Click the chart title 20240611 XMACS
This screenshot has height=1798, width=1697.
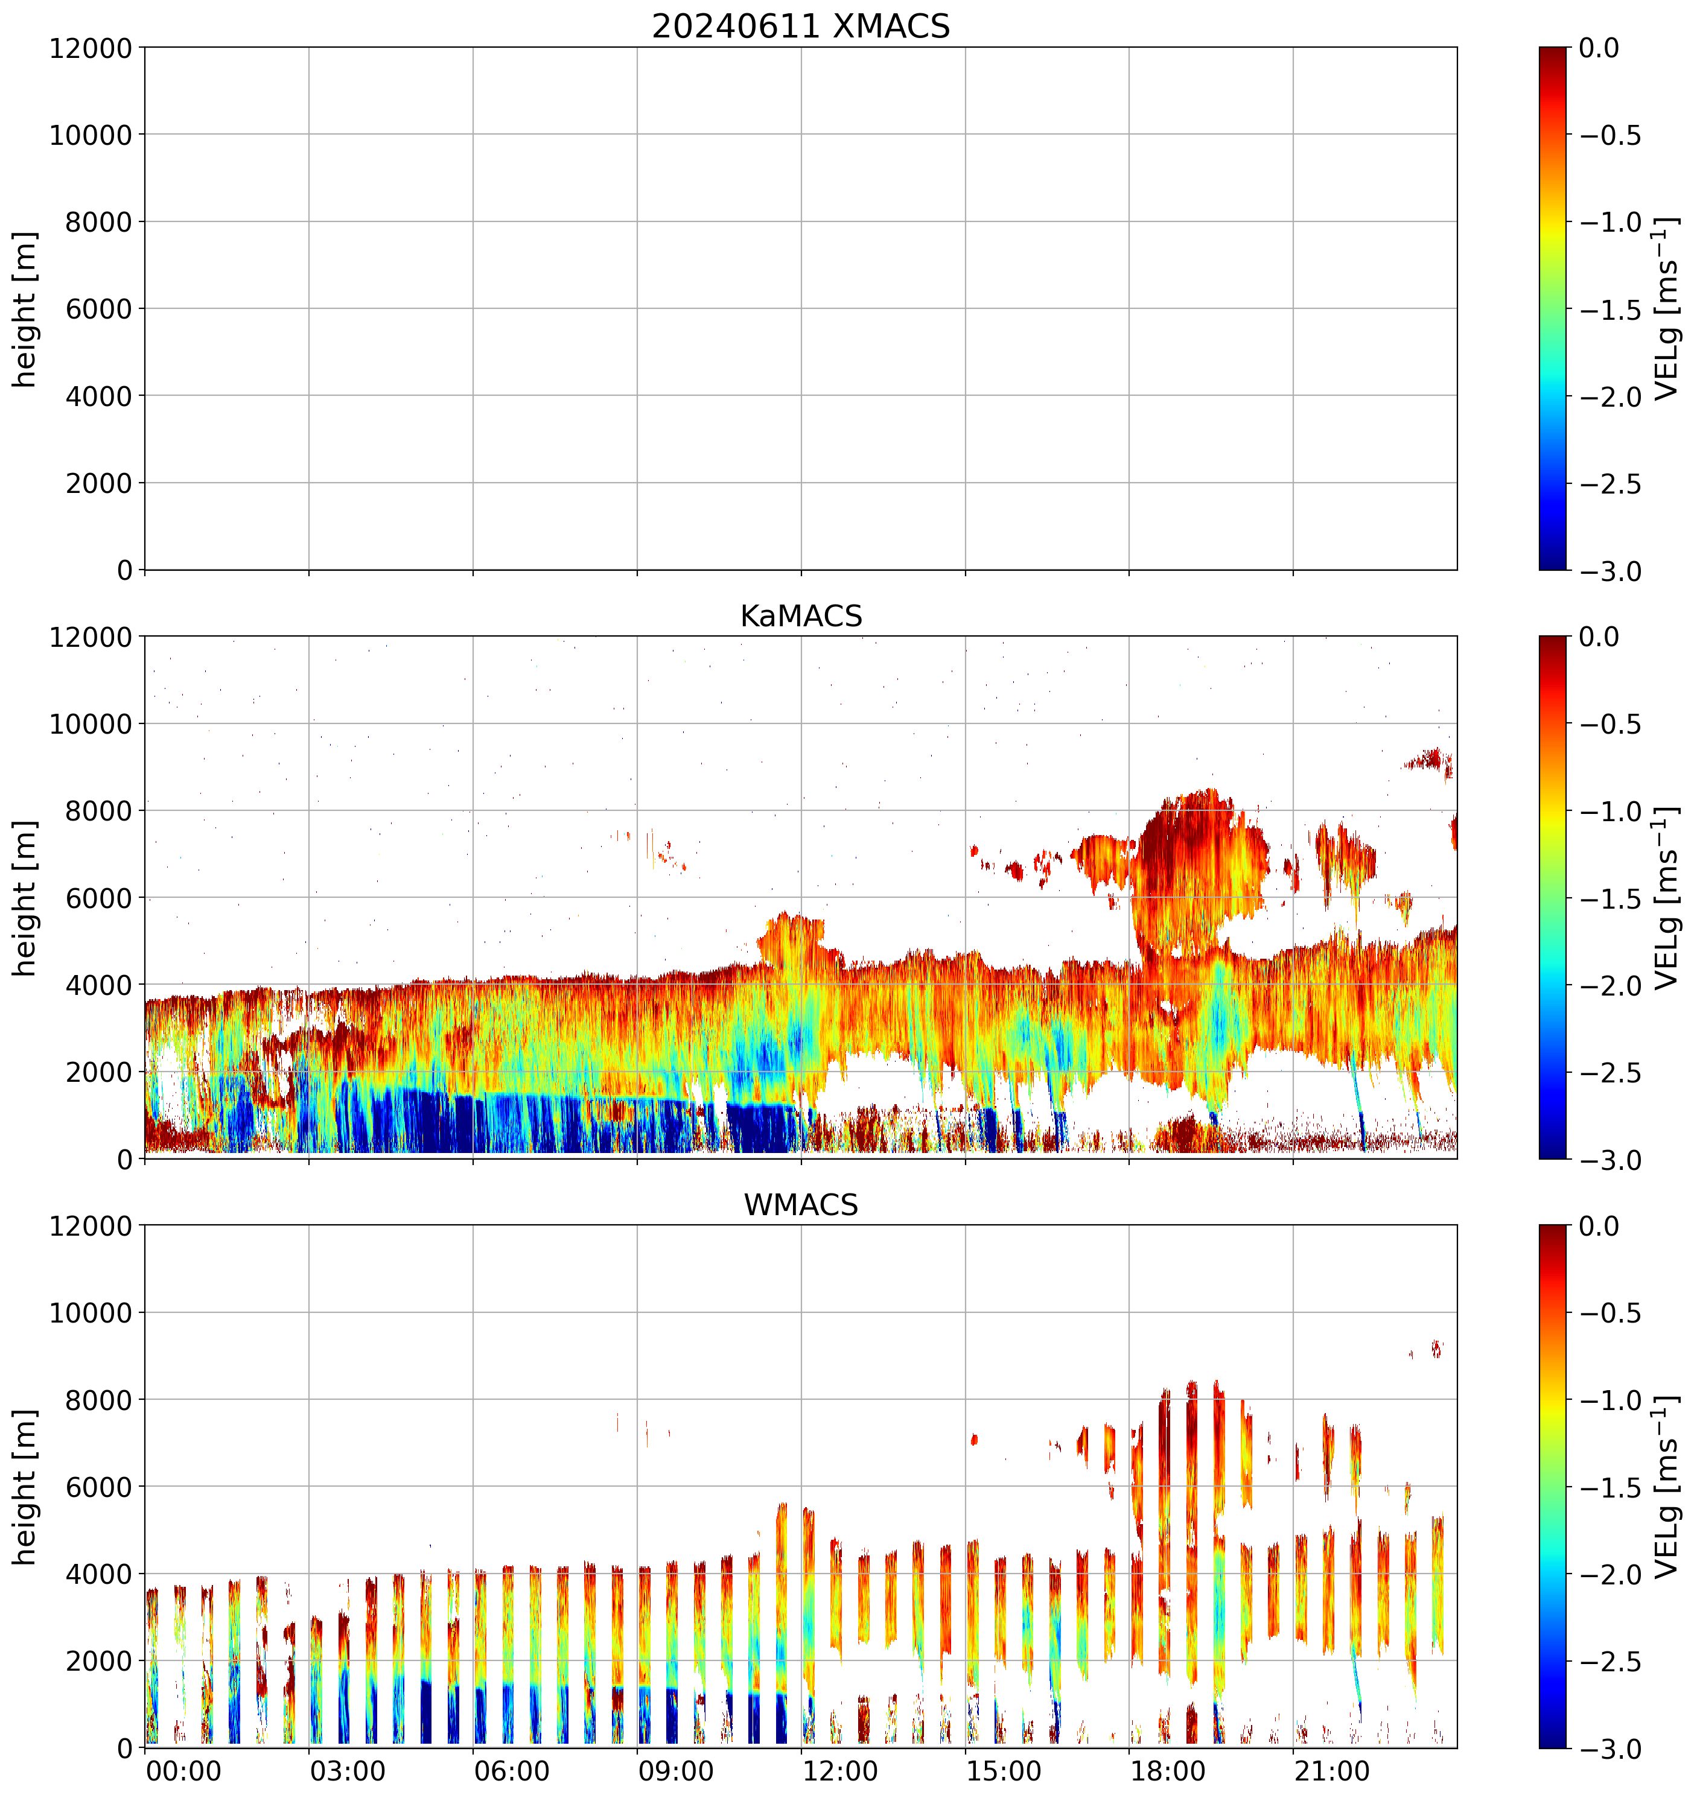coord(801,26)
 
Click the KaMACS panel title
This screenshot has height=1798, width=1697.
coord(801,616)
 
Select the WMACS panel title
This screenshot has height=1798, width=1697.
coord(801,1205)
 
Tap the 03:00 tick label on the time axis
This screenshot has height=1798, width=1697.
coord(348,1770)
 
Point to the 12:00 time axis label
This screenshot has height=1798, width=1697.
coord(841,1770)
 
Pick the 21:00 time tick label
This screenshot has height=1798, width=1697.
coord(1331,1770)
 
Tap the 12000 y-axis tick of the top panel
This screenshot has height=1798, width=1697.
coord(91,48)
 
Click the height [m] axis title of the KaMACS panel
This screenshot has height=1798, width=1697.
coord(25,898)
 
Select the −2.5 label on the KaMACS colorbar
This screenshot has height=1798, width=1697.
coord(1610,1073)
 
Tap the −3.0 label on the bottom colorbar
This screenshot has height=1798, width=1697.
coord(1610,1749)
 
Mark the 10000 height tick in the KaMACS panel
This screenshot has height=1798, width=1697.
coord(91,723)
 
